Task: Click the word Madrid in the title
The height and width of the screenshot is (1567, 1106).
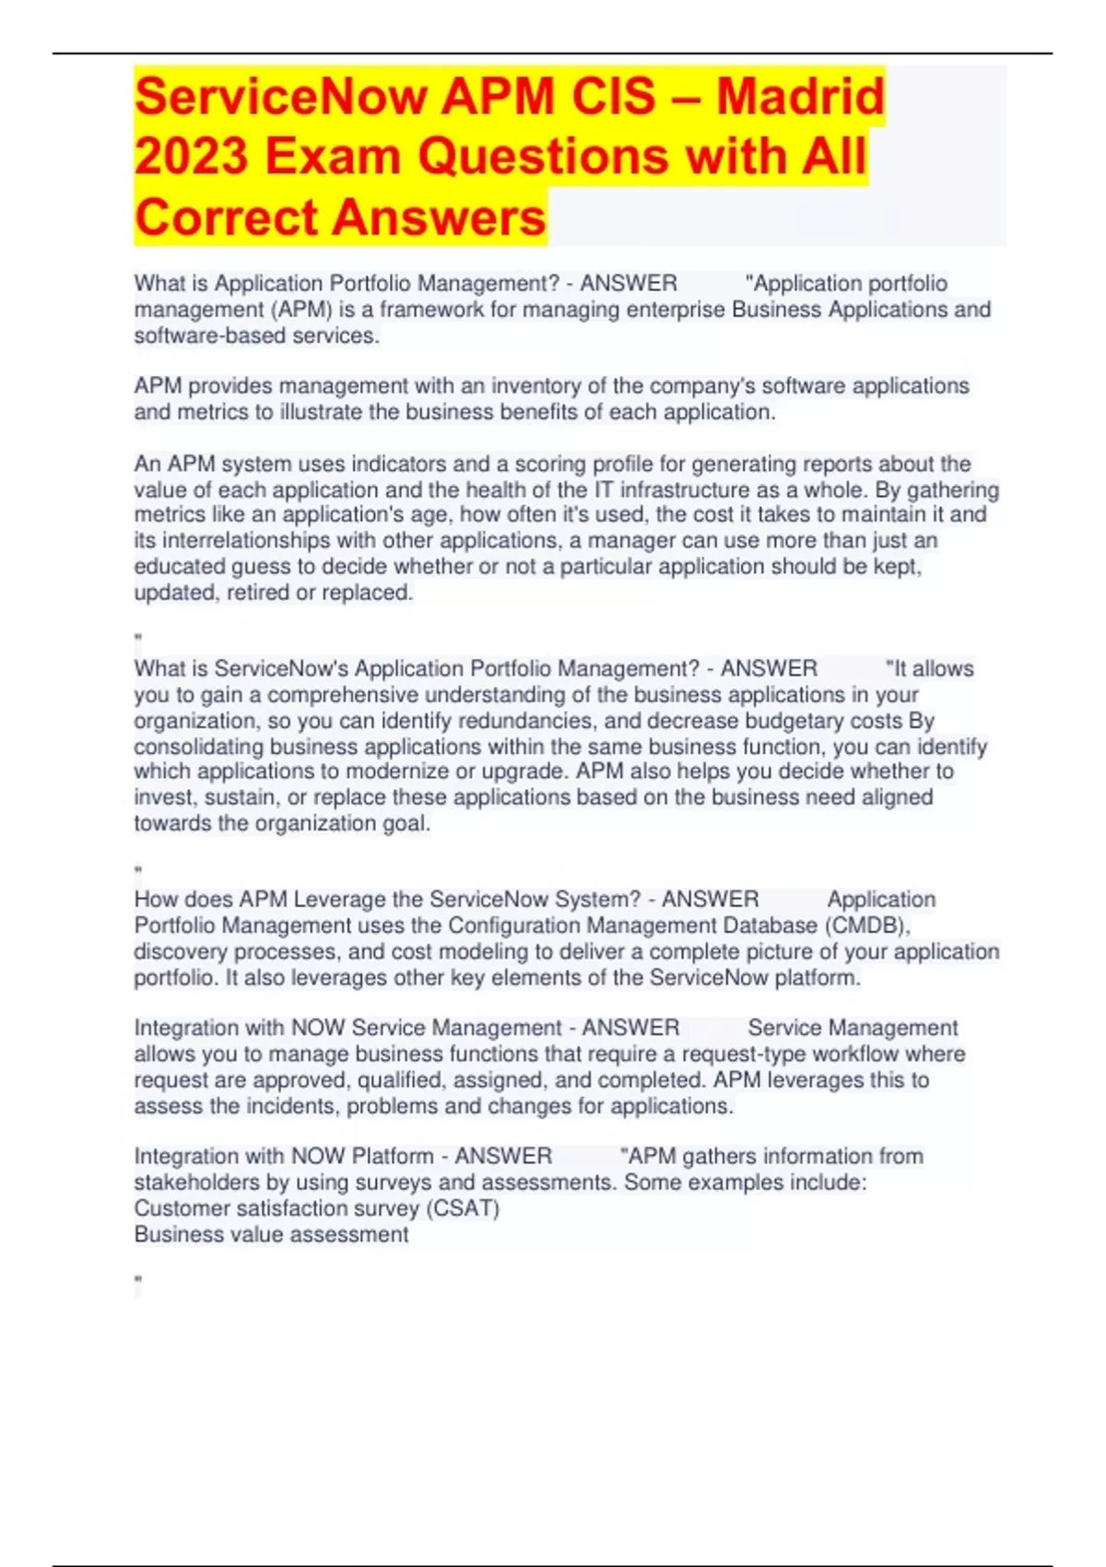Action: [800, 97]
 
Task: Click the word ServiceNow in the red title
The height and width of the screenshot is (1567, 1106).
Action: [280, 97]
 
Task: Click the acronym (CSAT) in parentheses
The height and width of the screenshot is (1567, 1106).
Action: [463, 1208]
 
